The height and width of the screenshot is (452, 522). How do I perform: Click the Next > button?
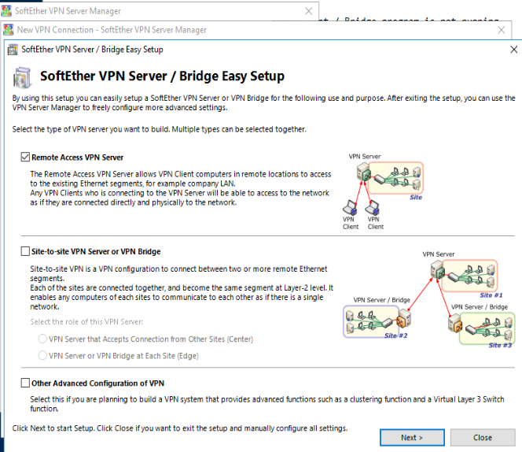pyautogui.click(x=412, y=437)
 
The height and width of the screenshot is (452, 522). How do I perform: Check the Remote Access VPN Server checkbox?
pyautogui.click(x=25, y=157)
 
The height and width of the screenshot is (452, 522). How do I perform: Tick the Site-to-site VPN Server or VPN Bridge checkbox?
pyautogui.click(x=25, y=251)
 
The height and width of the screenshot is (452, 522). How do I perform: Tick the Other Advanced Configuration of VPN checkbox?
pyautogui.click(x=25, y=383)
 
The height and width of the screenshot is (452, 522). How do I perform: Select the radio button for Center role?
pyautogui.click(x=42, y=339)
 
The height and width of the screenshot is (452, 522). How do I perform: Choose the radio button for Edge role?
pyautogui.click(x=42, y=356)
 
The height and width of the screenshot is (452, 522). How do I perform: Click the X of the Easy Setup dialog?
pyautogui.click(x=513, y=50)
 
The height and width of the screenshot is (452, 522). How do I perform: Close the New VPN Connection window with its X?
pyautogui.click(x=501, y=30)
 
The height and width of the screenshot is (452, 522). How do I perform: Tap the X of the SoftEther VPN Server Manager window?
pyautogui.click(x=309, y=11)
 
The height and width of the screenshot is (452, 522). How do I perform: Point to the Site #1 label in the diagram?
pyautogui.click(x=491, y=295)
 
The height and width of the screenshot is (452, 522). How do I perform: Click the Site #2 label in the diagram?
pyautogui.click(x=396, y=335)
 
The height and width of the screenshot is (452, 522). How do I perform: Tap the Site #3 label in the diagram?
pyautogui.click(x=500, y=345)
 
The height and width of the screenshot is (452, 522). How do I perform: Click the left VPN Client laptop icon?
pyautogui.click(x=350, y=207)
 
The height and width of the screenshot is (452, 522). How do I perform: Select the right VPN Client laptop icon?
pyautogui.click(x=372, y=207)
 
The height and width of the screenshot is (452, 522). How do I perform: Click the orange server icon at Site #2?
pyautogui.click(x=403, y=319)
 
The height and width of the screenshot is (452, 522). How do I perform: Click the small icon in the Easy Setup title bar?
pyautogui.click(x=13, y=50)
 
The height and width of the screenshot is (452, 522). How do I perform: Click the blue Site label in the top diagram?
pyautogui.click(x=416, y=197)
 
